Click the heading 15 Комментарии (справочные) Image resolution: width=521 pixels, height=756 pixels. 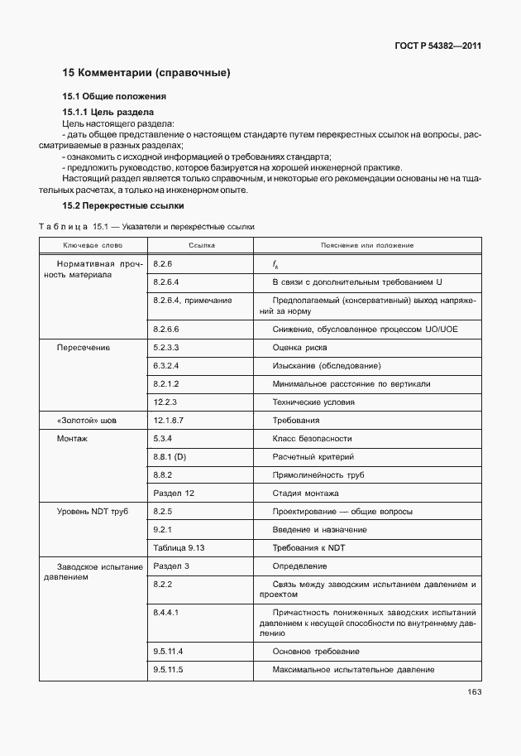(146, 73)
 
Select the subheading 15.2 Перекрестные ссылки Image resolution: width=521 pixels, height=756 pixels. (123, 205)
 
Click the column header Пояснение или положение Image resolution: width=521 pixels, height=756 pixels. (366, 246)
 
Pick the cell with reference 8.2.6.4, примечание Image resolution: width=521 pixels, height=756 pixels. (193, 300)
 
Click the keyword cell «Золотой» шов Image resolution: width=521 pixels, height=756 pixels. (85, 421)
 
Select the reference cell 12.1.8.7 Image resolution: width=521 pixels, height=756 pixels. (168, 421)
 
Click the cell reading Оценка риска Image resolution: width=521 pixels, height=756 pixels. (299, 348)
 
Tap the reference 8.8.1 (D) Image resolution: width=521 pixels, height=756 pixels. (170, 456)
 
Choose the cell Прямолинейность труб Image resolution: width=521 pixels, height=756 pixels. (318, 474)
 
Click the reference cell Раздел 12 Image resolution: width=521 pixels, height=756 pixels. (174, 493)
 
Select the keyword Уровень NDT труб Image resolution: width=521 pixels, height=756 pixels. (92, 512)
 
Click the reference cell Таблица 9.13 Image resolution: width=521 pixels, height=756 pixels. (179, 547)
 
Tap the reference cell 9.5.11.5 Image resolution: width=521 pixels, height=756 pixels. (168, 669)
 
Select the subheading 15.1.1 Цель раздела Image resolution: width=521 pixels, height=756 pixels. (108, 111)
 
